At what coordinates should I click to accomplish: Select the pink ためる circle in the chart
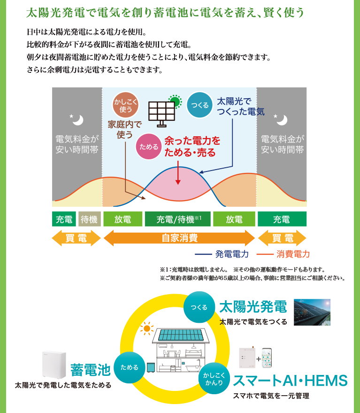click(x=149, y=146)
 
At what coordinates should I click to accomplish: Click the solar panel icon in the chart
click(x=162, y=114)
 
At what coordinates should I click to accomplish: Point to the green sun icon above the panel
click(x=175, y=100)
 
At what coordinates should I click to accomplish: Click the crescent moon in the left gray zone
click(x=77, y=120)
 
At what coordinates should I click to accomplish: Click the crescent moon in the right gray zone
click(x=281, y=120)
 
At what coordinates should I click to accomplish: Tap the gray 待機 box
click(x=89, y=219)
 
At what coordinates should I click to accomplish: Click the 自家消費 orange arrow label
click(x=179, y=238)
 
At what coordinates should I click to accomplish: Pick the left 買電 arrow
click(x=76, y=238)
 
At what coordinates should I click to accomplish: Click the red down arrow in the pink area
click(x=178, y=175)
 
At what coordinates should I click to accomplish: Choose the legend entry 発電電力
click(x=225, y=254)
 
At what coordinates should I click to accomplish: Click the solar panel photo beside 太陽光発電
click(x=312, y=312)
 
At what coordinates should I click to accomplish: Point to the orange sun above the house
click(x=147, y=328)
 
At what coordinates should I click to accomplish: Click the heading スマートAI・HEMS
click(x=290, y=380)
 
